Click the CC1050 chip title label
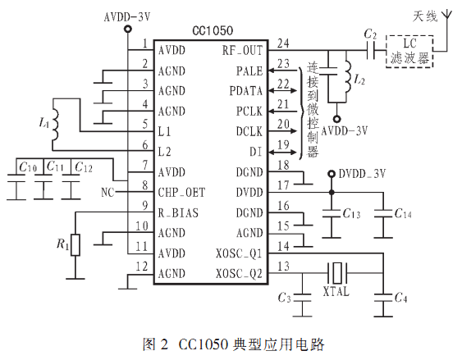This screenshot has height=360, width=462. tap(213, 30)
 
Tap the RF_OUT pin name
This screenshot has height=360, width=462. tap(242, 51)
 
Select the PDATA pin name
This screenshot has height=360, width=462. tap(245, 91)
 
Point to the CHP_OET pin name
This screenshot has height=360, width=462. tap(181, 193)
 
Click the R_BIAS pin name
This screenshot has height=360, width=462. tap(178, 213)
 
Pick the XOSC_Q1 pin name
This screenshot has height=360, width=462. tap(239, 253)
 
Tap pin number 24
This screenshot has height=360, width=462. tap(283, 43)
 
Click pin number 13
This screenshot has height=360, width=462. tap(283, 267)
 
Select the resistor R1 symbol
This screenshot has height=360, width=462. tap(75, 245)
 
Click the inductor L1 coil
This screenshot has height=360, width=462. tap(54, 124)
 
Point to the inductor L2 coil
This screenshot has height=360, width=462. tap(348, 76)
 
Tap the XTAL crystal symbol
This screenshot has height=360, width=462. tap(337, 273)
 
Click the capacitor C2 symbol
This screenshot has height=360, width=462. tap(371, 50)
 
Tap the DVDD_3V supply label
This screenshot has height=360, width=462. tap(362, 174)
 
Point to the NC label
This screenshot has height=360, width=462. tap(107, 193)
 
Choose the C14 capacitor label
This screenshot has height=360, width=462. tap(403, 213)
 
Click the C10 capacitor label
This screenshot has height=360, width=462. tap(28, 167)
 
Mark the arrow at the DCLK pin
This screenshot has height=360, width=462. tap(283, 131)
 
